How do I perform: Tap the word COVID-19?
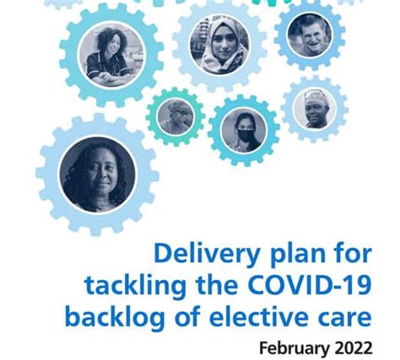(310, 285)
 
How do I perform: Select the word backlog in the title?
(116, 317)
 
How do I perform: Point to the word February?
(294, 348)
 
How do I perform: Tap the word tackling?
(136, 287)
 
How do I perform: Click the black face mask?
(245, 134)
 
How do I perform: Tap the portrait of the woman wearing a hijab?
(219, 45)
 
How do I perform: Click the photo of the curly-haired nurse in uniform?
(111, 55)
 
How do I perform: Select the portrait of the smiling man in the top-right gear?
(310, 35)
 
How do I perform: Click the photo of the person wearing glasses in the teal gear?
(176, 116)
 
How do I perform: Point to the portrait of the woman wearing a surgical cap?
(315, 109)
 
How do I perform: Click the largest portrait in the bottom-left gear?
(98, 175)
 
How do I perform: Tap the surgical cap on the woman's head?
(316, 96)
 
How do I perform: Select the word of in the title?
(187, 316)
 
